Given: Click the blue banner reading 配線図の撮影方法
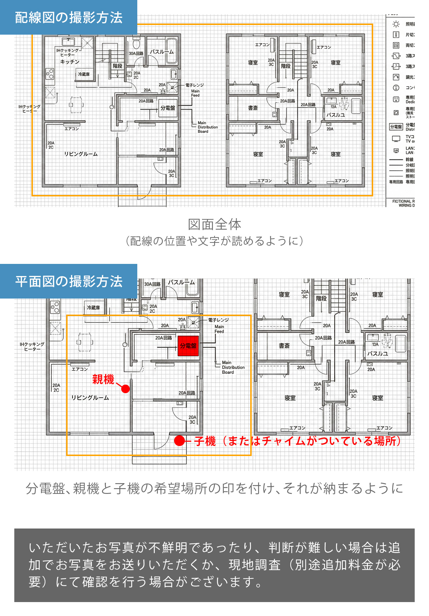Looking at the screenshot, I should pyautogui.click(x=69, y=17).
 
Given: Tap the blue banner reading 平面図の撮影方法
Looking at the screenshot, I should pyautogui.click(x=69, y=281).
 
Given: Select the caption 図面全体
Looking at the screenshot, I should pyautogui.click(x=214, y=224).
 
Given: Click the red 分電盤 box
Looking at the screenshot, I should pyautogui.click(x=188, y=346).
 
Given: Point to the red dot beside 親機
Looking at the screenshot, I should pyautogui.click(x=125, y=389).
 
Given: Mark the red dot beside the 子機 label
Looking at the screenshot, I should pyautogui.click(x=179, y=441).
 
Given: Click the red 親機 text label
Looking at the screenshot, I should pyautogui.click(x=103, y=379).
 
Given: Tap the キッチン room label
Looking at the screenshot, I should pyautogui.click(x=70, y=62).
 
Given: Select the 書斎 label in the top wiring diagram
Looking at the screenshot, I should pyautogui.click(x=253, y=108).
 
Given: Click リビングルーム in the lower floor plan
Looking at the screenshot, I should pyautogui.click(x=90, y=397).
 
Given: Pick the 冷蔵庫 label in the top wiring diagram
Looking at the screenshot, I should pyautogui.click(x=84, y=74).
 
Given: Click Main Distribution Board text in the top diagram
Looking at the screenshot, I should pyautogui.click(x=207, y=127).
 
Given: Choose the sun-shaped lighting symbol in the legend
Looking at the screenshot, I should pyautogui.click(x=396, y=24).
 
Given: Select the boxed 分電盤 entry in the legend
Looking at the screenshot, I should pyautogui.click(x=396, y=127).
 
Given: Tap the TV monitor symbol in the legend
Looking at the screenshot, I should pyautogui.click(x=396, y=139).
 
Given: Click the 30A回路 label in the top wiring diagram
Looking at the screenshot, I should pyautogui.click(x=136, y=53).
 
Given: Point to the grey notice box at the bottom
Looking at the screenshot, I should pyautogui.click(x=214, y=565).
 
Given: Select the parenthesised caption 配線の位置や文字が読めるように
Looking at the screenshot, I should pyautogui.click(x=214, y=241).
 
